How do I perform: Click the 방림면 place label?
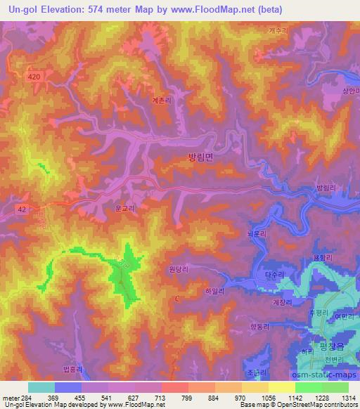pyautogui.click(x=201, y=159)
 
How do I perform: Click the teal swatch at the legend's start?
pyautogui.click(x=41, y=387)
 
